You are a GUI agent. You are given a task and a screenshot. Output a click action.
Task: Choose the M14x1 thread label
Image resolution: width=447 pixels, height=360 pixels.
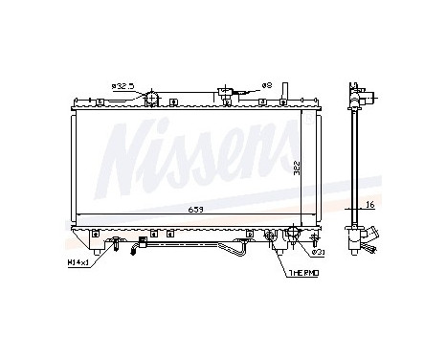click(78, 260)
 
